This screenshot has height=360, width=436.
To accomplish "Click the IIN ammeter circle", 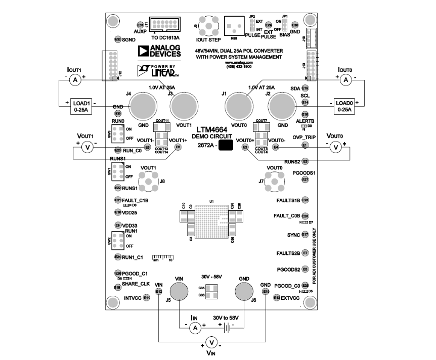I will pyautogui.click(x=194, y=328).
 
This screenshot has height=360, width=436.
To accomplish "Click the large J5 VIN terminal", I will pyautogui.click(x=179, y=293).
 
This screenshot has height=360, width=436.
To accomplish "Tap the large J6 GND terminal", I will pyautogui.click(x=244, y=293).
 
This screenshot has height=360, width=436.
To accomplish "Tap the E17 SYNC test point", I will pyautogui.click(x=305, y=235).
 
